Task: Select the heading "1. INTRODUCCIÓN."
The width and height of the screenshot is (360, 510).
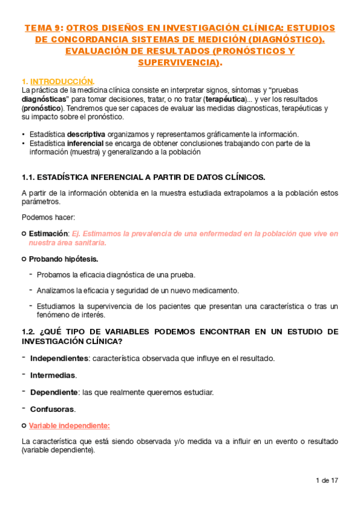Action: [x=58, y=81]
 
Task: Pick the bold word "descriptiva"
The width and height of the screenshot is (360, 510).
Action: [x=86, y=134]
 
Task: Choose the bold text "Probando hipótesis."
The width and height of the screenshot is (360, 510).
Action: [x=64, y=259]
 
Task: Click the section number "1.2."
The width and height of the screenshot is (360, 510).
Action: [x=28, y=331]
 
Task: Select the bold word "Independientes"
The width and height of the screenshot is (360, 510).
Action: [x=58, y=358]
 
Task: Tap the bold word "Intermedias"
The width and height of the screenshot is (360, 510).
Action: [x=53, y=375]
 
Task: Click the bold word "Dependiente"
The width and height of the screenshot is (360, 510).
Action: [x=53, y=392]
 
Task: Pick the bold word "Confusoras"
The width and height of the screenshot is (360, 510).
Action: [x=52, y=409]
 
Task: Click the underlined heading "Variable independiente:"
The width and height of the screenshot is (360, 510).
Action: [x=69, y=425]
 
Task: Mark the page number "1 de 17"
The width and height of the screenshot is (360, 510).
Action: [x=326, y=480]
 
